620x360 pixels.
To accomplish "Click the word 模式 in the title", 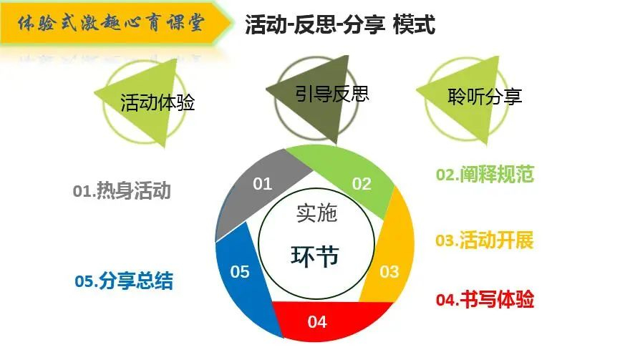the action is (414, 24).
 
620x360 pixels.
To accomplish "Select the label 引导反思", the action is (332, 94).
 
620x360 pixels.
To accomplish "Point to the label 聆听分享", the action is (485, 97).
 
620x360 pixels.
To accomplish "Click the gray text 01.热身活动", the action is (122, 191).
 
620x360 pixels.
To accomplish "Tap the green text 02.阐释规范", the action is (485, 174).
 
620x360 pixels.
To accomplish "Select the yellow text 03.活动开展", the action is (485, 240).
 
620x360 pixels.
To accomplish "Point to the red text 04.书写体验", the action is (485, 299).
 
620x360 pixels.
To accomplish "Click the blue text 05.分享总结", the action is (124, 281).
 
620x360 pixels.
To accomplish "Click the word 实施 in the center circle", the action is (316, 213).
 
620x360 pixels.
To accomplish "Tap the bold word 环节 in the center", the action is (315, 256).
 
